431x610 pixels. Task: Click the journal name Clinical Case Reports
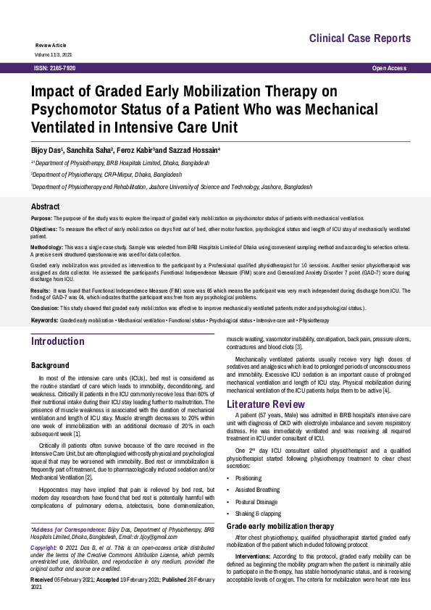pyautogui.click(x=360, y=38)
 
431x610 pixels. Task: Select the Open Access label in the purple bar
pyautogui.click(x=389, y=68)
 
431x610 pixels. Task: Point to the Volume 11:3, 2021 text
pyautogui.click(x=53, y=54)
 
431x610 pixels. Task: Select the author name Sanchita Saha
pyautogui.click(x=89, y=149)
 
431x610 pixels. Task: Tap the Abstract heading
pyautogui.click(x=46, y=206)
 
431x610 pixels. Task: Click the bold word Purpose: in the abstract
pyautogui.click(x=41, y=218)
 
